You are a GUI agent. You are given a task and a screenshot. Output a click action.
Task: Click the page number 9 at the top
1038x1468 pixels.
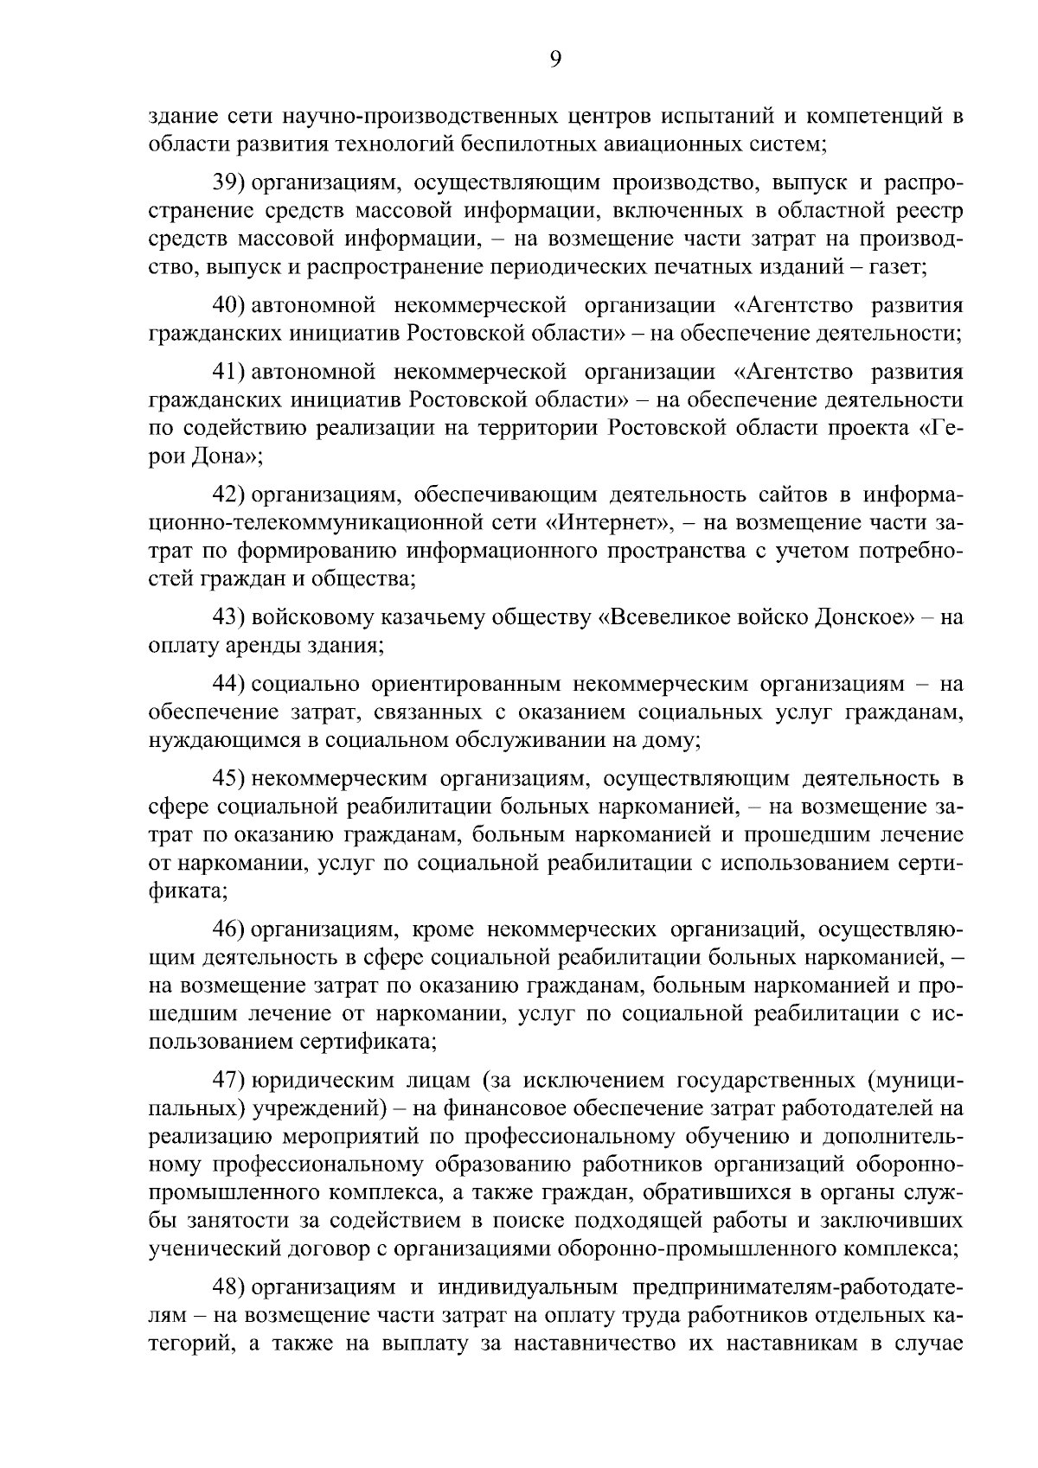[x=555, y=59]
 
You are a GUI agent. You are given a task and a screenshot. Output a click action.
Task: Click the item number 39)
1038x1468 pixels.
[x=231, y=183]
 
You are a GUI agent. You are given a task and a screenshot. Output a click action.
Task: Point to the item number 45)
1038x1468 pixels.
[x=231, y=779]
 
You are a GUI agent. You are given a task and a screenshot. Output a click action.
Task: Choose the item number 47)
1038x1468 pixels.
[x=231, y=1081]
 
